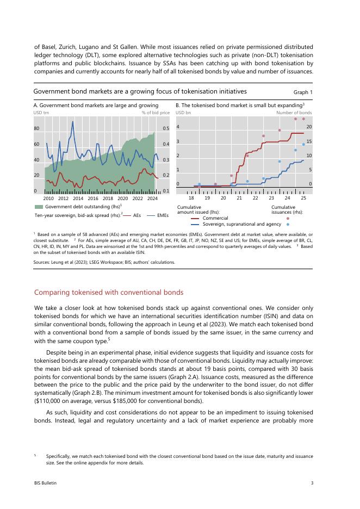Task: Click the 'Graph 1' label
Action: (303, 92)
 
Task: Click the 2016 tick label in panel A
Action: (93, 199)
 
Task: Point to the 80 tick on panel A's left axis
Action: (36, 129)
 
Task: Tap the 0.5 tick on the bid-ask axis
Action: (166, 129)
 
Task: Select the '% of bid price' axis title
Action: (156, 113)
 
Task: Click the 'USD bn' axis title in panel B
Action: (183, 113)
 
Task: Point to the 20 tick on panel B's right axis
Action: (309, 127)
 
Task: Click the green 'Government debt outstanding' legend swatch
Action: (39, 207)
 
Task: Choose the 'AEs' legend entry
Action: (137, 215)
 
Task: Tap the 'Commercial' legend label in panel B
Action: (215, 218)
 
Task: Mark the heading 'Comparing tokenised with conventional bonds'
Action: (109, 293)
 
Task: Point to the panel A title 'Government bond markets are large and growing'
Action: (96, 104)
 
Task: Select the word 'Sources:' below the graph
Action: (42, 262)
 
